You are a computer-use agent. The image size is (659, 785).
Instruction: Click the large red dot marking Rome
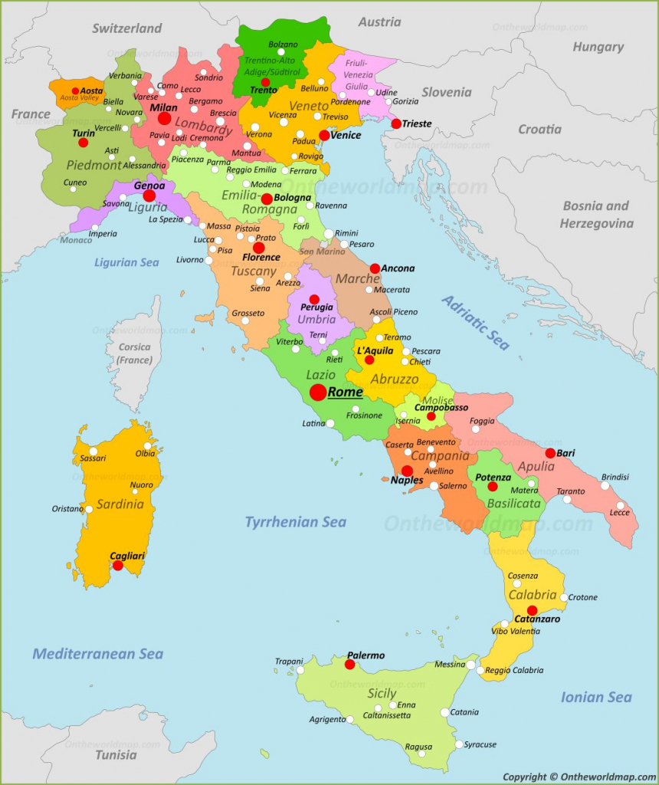point(317,392)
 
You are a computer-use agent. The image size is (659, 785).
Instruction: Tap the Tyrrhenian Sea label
point(295,522)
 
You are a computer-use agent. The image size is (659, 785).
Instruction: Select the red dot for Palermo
point(349,665)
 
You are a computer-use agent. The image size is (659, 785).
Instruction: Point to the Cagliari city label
point(127,556)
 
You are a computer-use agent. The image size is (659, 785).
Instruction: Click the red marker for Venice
point(324,136)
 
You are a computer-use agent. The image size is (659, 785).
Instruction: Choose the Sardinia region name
point(120,504)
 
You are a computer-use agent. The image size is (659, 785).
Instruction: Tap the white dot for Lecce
point(621,506)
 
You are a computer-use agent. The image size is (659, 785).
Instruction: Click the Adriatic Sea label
point(475,323)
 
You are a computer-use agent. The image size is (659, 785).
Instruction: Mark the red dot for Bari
point(550,453)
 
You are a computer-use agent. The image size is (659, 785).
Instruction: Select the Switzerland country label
point(127,28)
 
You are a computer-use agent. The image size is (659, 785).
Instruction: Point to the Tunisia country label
point(116,755)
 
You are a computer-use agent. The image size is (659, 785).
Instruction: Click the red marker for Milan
point(164,119)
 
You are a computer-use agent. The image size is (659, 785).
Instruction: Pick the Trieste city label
point(417,123)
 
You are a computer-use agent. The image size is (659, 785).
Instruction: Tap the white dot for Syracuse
point(458,744)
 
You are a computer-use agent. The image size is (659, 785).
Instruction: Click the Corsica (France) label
point(135,353)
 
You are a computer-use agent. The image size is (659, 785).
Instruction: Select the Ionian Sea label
point(596,697)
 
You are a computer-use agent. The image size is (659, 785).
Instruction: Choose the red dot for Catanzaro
point(532,611)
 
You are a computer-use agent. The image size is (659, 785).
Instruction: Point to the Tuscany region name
point(254,271)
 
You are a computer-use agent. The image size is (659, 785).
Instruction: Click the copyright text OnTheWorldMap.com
point(579,777)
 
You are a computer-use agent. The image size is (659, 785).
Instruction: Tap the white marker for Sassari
point(93,451)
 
